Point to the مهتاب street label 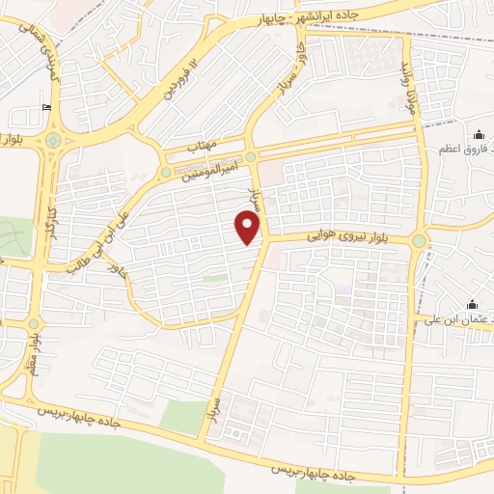tap(204, 145)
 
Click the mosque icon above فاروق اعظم tap(480, 134)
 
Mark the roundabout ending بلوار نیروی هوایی tap(419, 240)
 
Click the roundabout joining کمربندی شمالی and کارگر tap(52, 140)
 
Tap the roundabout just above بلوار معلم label tap(35, 323)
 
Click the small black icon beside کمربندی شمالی tap(46, 108)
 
